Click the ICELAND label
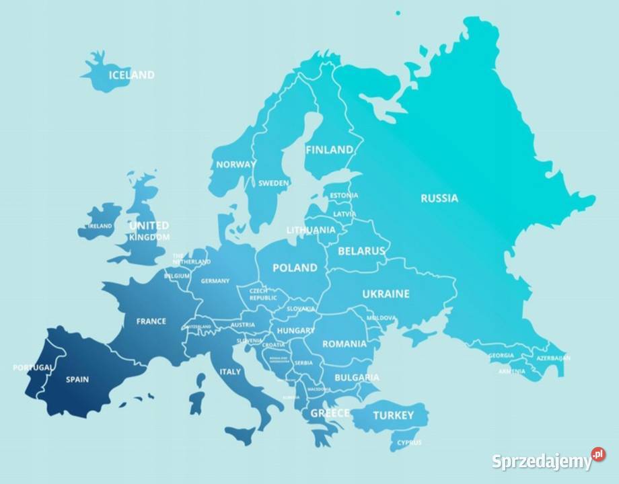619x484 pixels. coord(131,75)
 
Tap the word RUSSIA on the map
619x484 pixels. coord(439,198)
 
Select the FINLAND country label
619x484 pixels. coord(329,150)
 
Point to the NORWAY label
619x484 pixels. coord(235,164)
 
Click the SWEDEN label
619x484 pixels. coord(274,183)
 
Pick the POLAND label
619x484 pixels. coord(295,268)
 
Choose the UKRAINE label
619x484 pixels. coord(386,294)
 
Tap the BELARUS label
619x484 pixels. coord(361,251)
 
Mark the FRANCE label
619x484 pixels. coord(151,321)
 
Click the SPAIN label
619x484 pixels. coord(77,379)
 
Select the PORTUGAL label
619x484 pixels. coord(32,368)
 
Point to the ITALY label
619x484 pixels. coord(230,371)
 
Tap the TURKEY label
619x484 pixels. coord(393,415)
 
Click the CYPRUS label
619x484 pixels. coord(409,442)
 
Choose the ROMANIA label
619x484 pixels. coord(344,344)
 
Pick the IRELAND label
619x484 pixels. coord(100,226)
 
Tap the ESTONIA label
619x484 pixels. coord(344,196)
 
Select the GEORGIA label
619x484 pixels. coord(501,356)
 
